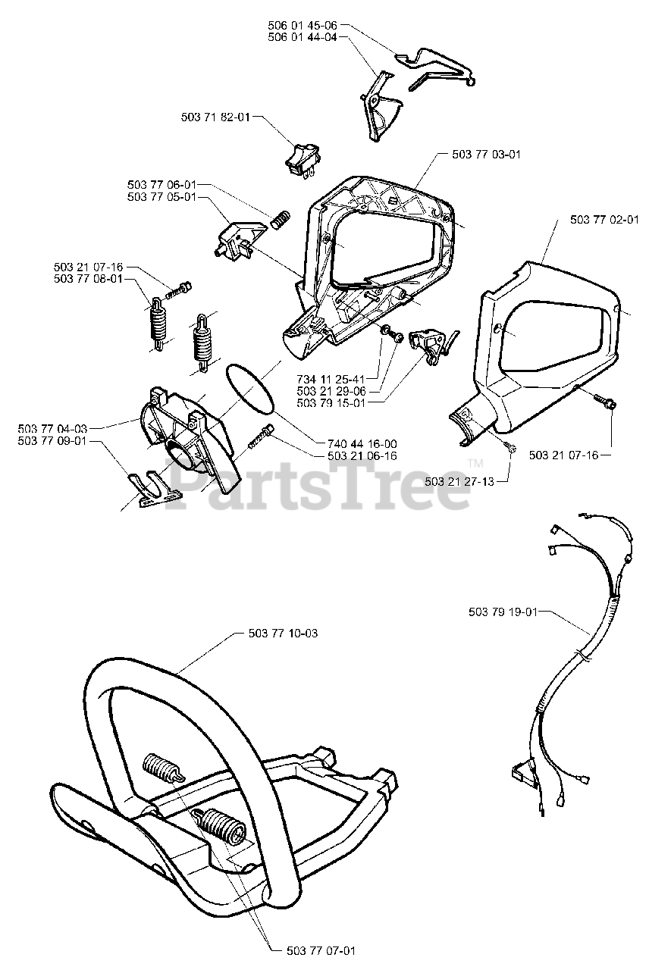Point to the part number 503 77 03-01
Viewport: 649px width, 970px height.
click(486, 154)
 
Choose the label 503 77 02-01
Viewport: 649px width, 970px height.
click(603, 220)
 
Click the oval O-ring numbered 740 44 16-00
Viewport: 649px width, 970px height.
click(248, 387)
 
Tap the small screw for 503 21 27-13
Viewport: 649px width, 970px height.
click(512, 449)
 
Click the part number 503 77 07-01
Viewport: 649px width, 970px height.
click(321, 950)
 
